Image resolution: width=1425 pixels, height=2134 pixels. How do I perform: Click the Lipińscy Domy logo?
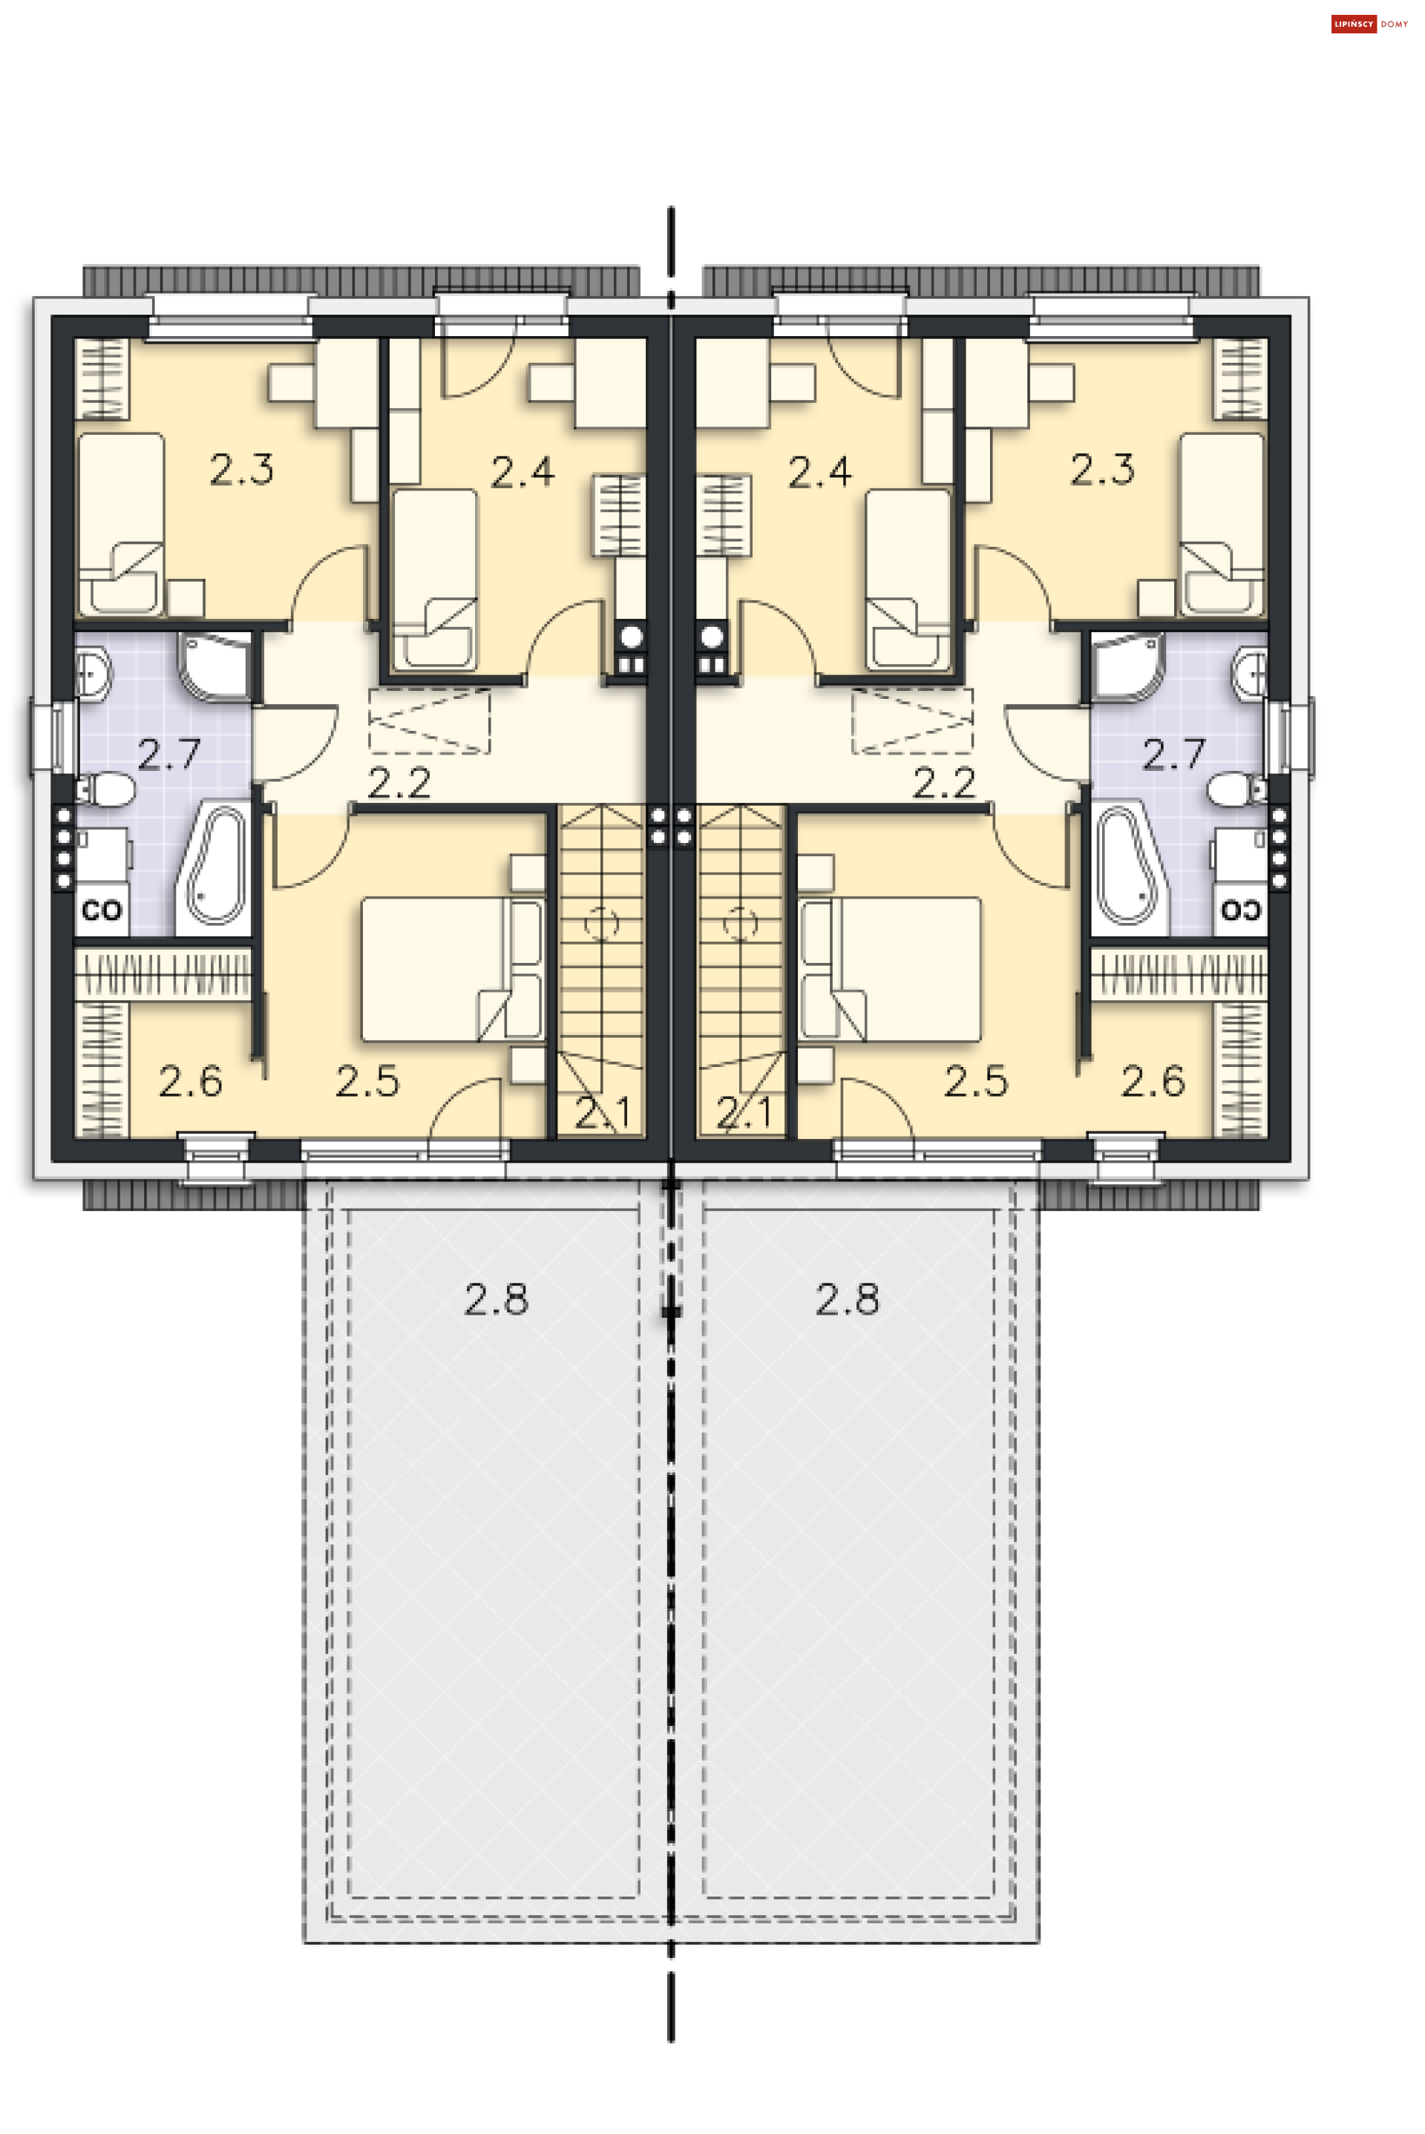coord(1369,24)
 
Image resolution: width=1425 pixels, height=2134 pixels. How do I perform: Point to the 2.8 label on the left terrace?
coord(497,1300)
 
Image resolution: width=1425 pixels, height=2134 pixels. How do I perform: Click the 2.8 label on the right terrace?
coord(847,1300)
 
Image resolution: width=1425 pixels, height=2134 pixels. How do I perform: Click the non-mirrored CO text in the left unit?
coord(101,910)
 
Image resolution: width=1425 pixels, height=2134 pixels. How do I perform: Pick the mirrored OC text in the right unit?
coord(1240,910)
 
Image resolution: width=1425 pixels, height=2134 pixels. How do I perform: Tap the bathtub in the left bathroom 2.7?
coord(214,864)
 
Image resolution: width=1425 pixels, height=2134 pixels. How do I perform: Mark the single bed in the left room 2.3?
coord(121,523)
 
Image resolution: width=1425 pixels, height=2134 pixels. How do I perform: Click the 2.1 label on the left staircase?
coord(602,1113)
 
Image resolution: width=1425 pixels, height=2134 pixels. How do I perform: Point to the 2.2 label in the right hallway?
coord(943,783)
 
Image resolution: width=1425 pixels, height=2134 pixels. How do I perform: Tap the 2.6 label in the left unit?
coord(190,1081)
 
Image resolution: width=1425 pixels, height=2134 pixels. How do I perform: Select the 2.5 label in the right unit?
coord(975,1081)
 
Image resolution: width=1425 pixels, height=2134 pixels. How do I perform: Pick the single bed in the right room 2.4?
coord(908,578)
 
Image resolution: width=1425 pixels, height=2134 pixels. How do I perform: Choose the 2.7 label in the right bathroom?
coord(1173,754)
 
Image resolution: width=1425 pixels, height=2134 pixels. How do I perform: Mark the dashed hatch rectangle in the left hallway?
coord(429,721)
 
